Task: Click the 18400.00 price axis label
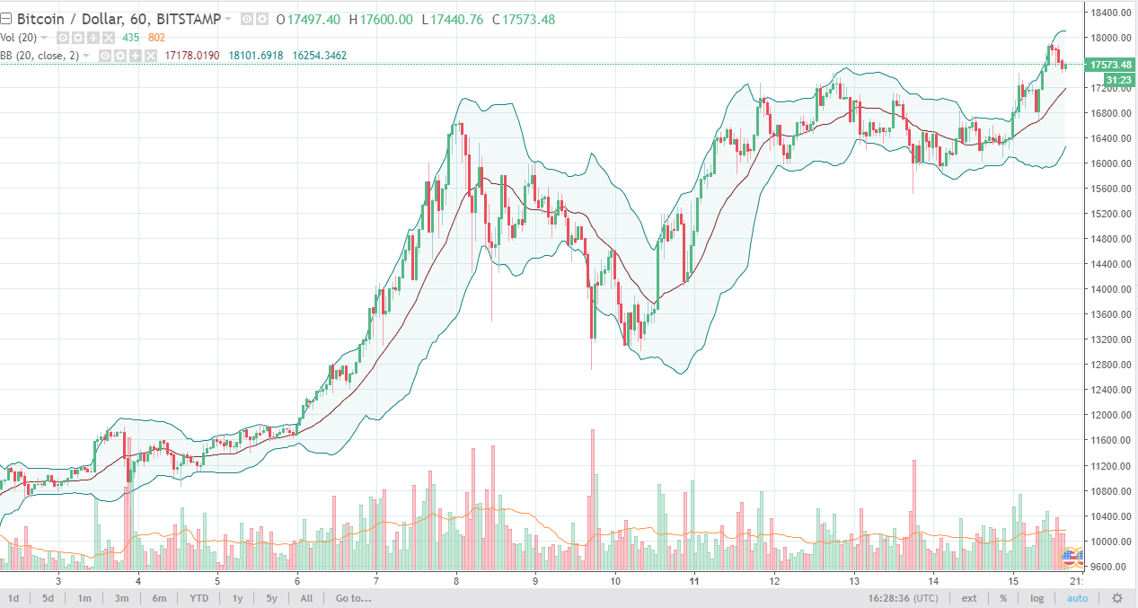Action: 1108,13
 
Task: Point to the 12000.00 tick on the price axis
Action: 1108,415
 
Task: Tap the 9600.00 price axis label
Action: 1108,567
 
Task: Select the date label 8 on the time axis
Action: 456,581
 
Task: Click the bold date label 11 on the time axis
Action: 695,581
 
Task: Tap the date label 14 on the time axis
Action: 934,581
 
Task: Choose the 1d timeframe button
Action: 14,598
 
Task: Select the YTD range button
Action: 198,598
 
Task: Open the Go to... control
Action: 353,598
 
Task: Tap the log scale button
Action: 1037,598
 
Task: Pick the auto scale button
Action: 1077,598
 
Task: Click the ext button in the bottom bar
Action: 969,598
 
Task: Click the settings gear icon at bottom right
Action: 1117,598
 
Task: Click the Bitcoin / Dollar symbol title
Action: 73,19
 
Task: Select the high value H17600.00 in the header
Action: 381,19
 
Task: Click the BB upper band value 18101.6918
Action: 256,56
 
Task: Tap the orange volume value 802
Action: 156,38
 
